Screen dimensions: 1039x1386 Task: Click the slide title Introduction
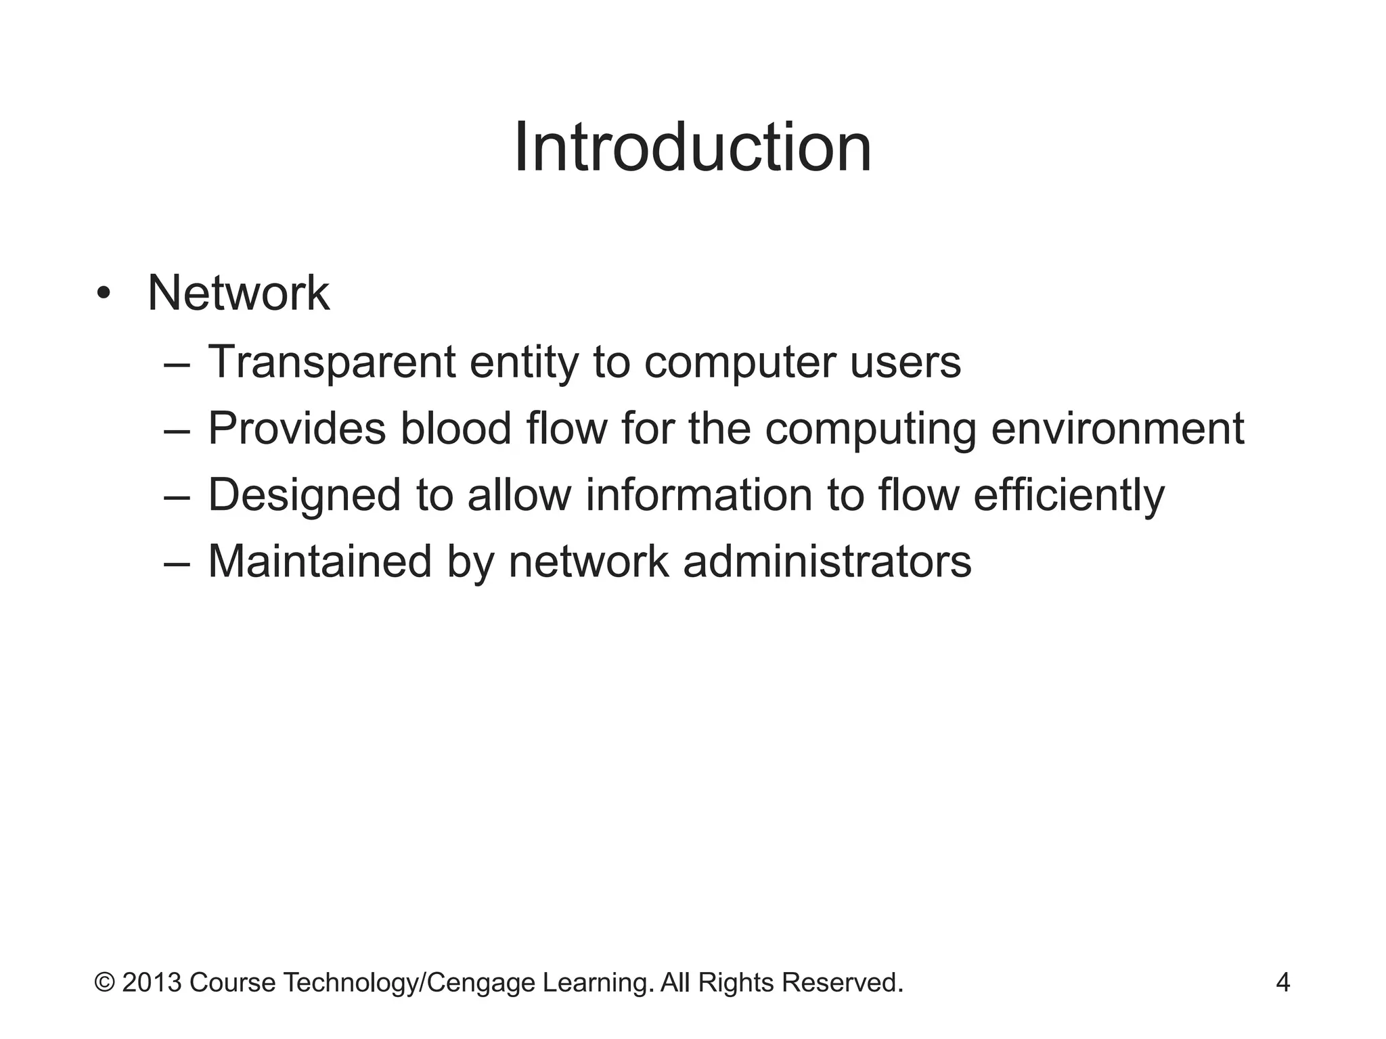coord(692,147)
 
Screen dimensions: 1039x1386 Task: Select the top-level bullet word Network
coord(238,294)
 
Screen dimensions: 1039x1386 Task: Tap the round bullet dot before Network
coord(103,294)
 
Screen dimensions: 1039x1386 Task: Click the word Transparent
coord(332,362)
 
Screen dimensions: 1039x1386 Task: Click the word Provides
coord(296,429)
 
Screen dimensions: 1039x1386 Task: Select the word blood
coord(455,429)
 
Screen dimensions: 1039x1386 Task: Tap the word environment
coord(1117,429)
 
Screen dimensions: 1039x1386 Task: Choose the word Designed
coord(304,495)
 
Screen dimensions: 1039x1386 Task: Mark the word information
coord(699,495)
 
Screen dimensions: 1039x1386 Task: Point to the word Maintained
coord(319,561)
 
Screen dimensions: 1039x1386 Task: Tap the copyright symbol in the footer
coord(104,982)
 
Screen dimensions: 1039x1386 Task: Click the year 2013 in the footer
coord(152,982)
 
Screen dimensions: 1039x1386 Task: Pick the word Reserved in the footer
coord(842,982)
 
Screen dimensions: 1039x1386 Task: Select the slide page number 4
coord(1282,982)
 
